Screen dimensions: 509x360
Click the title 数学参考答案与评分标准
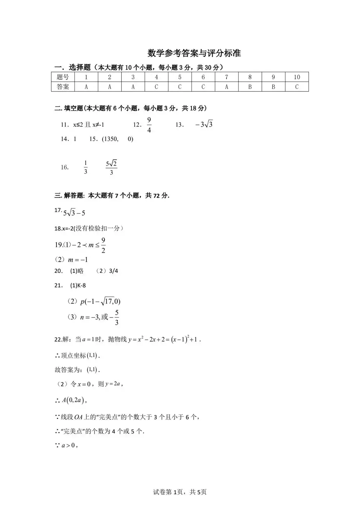pos(194,53)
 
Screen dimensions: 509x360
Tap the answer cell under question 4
pos(156,87)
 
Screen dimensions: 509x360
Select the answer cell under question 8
pos(250,87)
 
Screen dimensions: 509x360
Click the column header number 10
pos(297,77)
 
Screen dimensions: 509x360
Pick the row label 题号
pos(63,77)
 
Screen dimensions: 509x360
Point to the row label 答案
pos(63,87)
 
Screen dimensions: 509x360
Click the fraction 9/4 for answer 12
pos(149,125)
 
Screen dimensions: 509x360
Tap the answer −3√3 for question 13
pos(204,125)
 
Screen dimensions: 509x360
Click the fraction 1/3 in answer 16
pos(86,167)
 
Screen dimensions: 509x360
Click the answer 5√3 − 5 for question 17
pos(74,213)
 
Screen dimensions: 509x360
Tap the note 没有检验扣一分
pos(99,228)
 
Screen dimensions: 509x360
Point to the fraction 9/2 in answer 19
pos(103,245)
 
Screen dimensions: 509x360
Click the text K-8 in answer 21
pos(81,285)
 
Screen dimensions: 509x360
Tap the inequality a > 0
pos(68,445)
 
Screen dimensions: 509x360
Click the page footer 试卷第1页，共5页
pos(180,492)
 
